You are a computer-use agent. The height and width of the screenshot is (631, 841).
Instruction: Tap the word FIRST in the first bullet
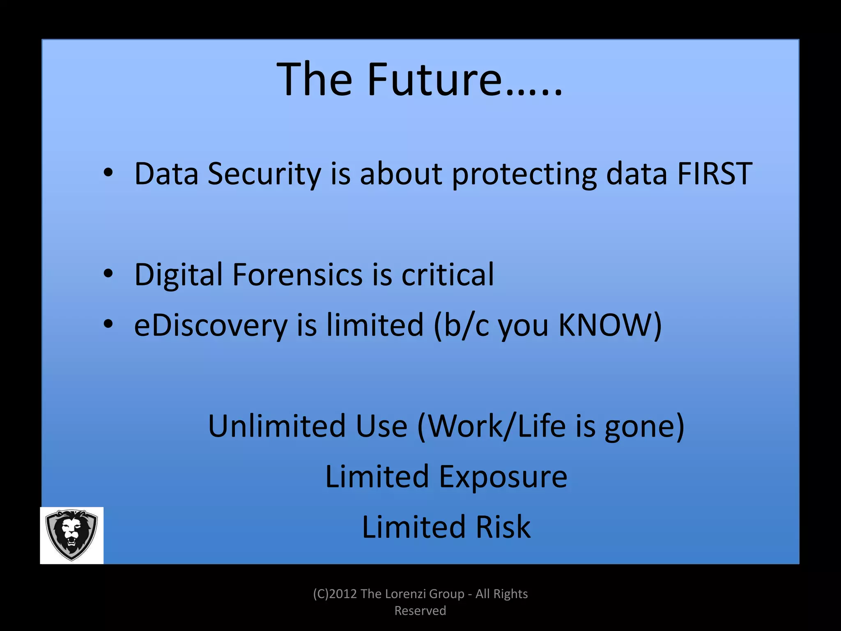[715, 174]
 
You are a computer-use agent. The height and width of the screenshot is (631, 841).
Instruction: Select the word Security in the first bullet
[264, 174]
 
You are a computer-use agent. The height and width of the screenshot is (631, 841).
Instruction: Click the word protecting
[524, 174]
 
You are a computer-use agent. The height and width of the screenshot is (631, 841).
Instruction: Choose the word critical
[448, 274]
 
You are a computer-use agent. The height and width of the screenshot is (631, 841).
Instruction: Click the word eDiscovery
[211, 325]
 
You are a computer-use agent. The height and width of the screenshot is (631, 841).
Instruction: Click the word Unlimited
[276, 426]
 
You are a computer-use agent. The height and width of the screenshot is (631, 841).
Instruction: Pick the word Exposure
[503, 477]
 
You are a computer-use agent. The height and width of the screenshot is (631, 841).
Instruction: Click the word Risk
[503, 527]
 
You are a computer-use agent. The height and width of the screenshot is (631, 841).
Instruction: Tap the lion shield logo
[71, 535]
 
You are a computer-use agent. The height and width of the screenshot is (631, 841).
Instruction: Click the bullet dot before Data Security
[108, 173]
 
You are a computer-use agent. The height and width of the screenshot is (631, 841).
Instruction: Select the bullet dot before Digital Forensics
[108, 274]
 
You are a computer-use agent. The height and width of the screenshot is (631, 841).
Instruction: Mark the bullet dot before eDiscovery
[108, 324]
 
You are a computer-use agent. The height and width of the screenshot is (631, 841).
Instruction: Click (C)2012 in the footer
[335, 594]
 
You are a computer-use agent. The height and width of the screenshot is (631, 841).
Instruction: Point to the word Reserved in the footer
[420, 611]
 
